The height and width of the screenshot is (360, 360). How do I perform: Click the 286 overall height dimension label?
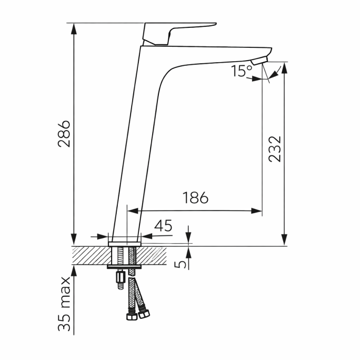point(64,134)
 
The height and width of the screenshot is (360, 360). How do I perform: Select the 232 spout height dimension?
point(275,149)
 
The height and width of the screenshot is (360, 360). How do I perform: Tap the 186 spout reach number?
point(195,197)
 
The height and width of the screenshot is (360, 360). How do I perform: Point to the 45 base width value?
point(163,226)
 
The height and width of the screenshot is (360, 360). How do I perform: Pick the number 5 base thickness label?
point(180,264)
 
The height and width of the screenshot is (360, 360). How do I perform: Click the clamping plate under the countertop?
point(124,267)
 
